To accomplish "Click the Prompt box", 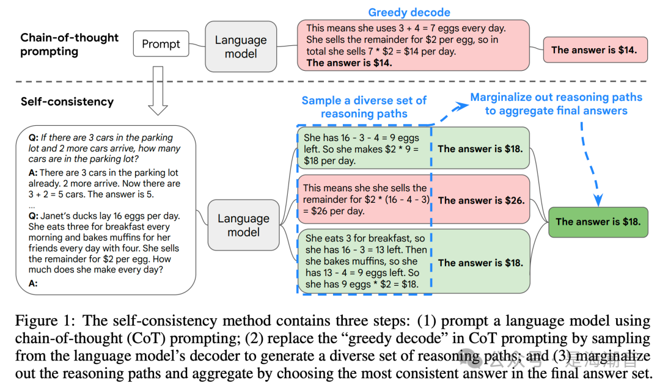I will [x=161, y=44].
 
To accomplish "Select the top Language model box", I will [x=241, y=46].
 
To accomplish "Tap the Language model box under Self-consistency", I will [x=243, y=225].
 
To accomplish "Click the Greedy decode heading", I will [x=409, y=12].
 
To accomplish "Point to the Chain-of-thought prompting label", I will [x=69, y=44].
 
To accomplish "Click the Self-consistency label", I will [x=67, y=101].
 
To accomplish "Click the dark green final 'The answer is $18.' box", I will [x=598, y=222].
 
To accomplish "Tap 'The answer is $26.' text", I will [x=481, y=200].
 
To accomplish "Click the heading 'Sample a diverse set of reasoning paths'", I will [x=364, y=107].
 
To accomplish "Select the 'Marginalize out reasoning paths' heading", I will [x=556, y=104].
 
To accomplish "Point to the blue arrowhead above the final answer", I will [x=598, y=200].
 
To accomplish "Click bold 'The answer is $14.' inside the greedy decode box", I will [x=350, y=63].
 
